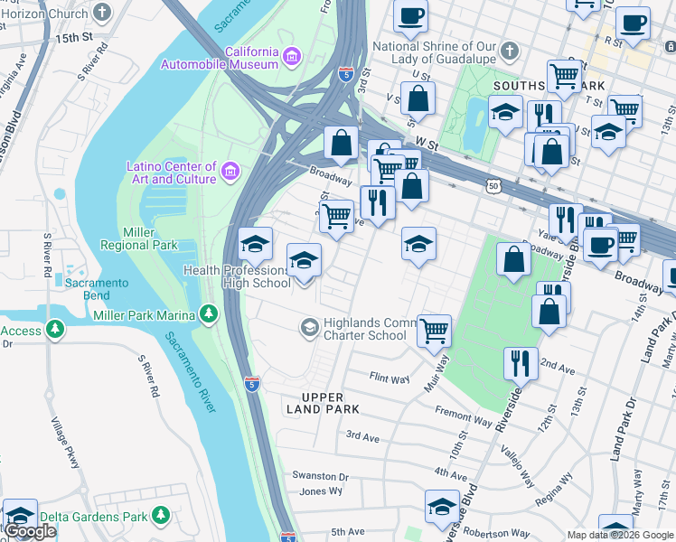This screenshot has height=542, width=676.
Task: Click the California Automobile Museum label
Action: coord(220,58)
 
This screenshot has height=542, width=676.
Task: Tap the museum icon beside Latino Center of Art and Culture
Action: coord(230,171)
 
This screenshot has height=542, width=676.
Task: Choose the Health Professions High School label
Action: coord(237,276)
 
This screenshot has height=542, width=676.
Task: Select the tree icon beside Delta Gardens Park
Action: coord(161,516)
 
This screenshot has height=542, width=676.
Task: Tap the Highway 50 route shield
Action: coord(493,185)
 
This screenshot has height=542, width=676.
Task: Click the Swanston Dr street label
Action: coord(319,476)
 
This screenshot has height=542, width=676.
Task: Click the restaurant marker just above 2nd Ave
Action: coord(520,363)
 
